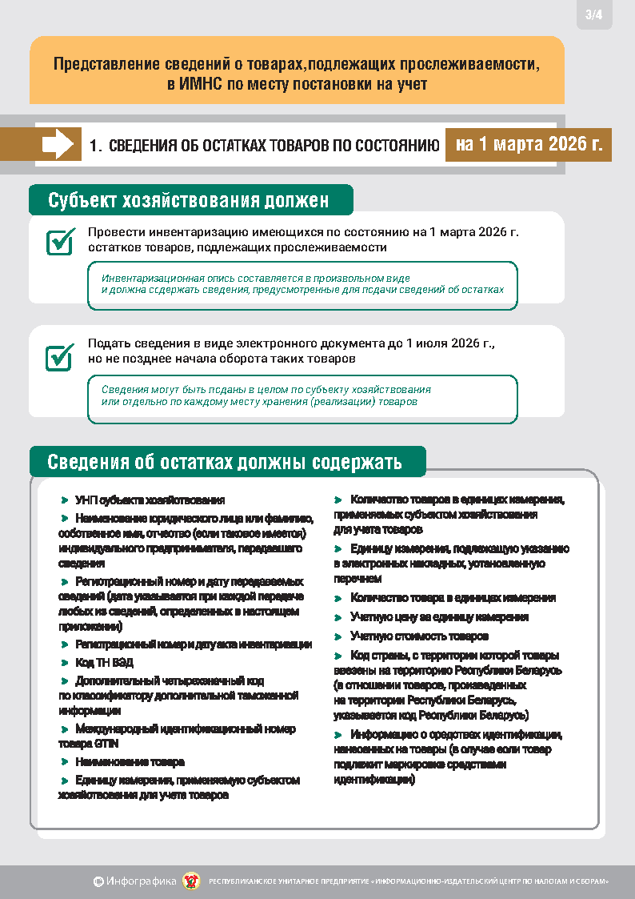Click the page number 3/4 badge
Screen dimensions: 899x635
[x=594, y=15]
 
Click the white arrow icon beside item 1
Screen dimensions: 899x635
[x=58, y=145]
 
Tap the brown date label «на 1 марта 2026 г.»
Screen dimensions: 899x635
[x=529, y=145]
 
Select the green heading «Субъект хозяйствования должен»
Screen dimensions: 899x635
[x=189, y=200]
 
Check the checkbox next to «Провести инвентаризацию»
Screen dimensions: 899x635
[x=60, y=241]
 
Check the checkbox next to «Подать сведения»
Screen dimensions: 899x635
[x=60, y=357]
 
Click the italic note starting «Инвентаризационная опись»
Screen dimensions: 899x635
[x=302, y=283]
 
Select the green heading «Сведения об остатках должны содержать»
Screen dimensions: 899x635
[x=225, y=463]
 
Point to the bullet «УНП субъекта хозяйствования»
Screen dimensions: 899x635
[x=150, y=500]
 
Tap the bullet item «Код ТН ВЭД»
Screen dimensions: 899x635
[x=104, y=663]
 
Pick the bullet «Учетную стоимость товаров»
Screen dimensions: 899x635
[x=419, y=636]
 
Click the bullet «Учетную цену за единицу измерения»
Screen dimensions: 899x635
[x=439, y=617]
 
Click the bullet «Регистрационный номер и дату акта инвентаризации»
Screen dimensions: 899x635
[x=193, y=644]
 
